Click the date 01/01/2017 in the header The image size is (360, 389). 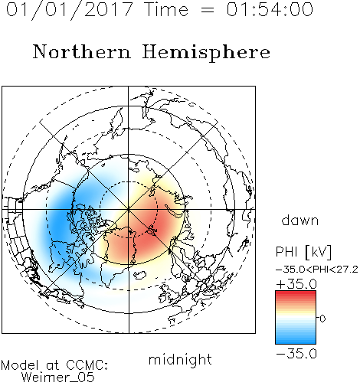point(70,10)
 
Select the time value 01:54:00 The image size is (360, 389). point(270,9)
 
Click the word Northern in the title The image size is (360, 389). point(82,51)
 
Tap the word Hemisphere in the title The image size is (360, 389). point(206,53)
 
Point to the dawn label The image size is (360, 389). point(300,220)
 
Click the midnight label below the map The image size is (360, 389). point(180,359)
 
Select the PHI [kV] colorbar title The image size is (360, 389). point(303,252)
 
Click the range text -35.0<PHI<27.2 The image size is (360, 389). point(317,270)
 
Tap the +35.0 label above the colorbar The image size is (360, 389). point(296,284)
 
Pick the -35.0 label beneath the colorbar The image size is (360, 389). point(296,354)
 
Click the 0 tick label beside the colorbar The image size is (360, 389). point(322,319)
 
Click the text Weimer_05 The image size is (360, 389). point(58,378)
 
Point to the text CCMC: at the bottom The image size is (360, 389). point(87,365)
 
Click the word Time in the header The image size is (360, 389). point(166,9)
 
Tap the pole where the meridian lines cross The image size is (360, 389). point(129,209)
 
